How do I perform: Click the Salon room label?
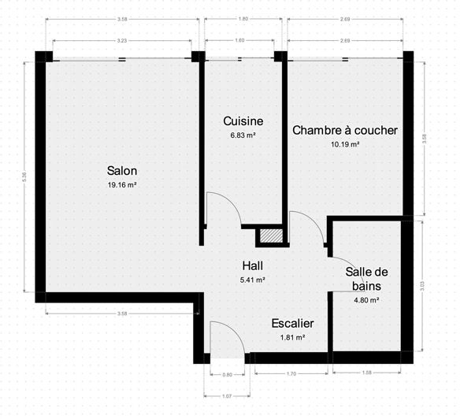point(122,171)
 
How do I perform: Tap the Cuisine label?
point(243,121)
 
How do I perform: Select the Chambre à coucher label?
point(345,130)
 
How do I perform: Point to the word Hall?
point(253,265)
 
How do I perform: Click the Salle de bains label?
point(367,279)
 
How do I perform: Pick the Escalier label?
point(292,324)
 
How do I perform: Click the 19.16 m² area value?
point(122,185)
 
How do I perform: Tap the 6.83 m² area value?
point(243,135)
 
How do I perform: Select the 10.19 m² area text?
point(345,144)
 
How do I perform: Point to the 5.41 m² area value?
point(253,280)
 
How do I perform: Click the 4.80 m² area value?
point(367,300)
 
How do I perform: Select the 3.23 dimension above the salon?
point(122,39)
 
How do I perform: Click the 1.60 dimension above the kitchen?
point(240,39)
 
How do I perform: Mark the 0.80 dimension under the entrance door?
point(228,375)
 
